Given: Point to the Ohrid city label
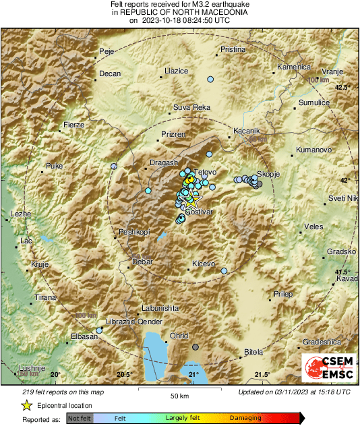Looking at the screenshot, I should (x=178, y=335).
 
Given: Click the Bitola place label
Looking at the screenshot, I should (x=253, y=352).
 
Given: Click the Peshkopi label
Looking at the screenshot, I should (x=133, y=232).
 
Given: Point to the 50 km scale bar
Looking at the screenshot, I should (x=178, y=389).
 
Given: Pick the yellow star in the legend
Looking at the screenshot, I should (x=26, y=406).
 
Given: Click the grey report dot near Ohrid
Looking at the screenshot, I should (x=196, y=347).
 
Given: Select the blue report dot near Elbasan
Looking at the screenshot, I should (x=100, y=330).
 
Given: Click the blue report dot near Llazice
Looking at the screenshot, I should (x=210, y=80).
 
